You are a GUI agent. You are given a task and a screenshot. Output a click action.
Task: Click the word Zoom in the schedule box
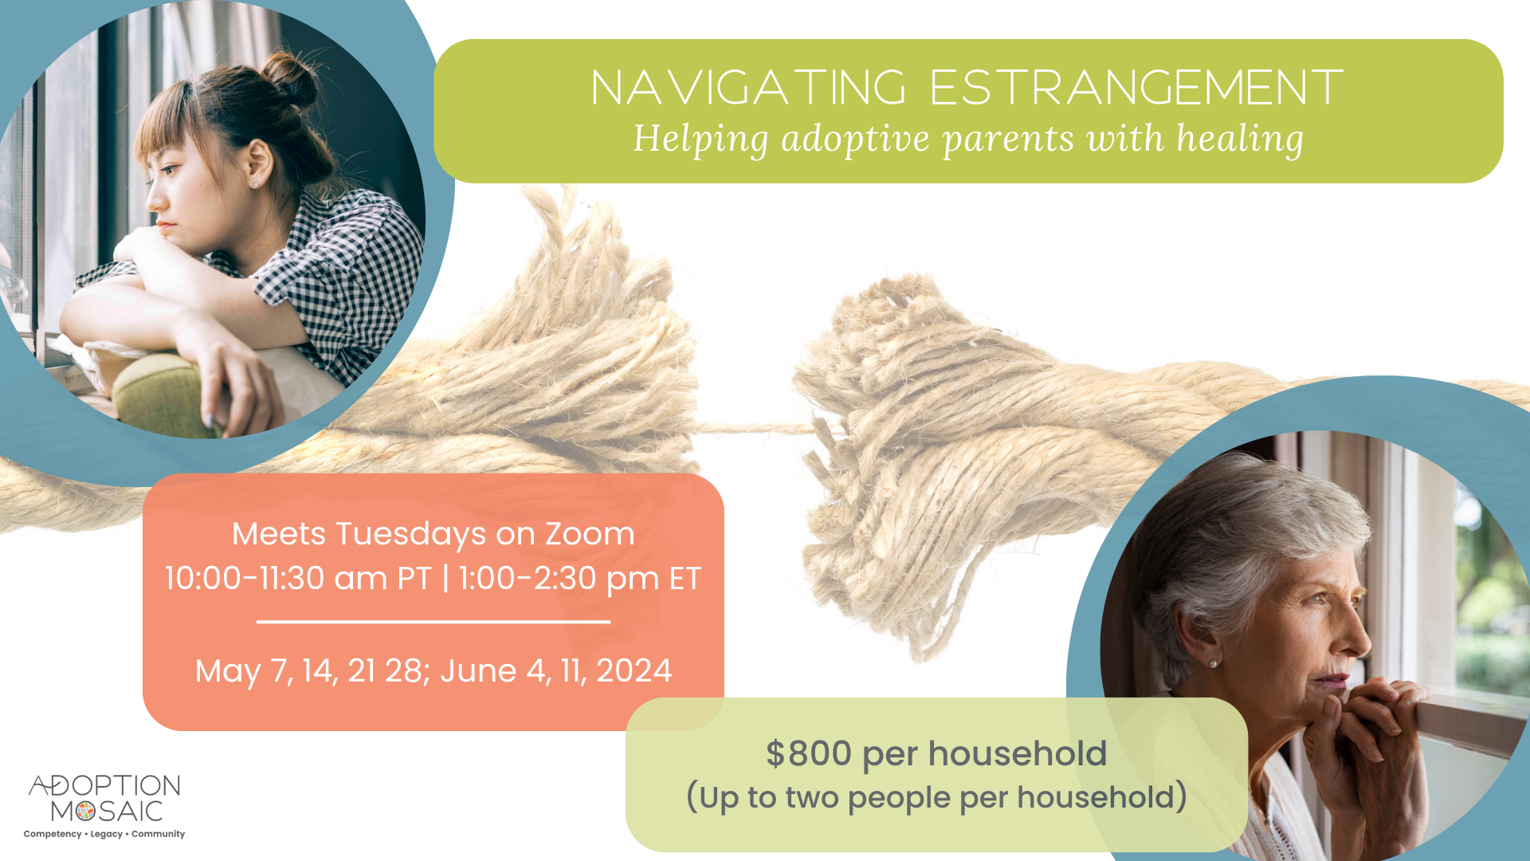(x=590, y=533)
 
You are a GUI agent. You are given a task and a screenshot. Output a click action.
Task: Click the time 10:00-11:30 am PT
(x=297, y=578)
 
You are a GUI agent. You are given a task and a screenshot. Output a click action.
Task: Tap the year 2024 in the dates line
(x=634, y=670)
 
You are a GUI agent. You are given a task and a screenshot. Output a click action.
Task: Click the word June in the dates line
(x=478, y=670)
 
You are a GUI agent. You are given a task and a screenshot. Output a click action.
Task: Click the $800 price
(x=808, y=753)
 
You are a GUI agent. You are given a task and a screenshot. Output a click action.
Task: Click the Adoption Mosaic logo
(x=104, y=797)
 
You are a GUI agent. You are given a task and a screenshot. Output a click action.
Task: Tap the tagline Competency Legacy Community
(x=104, y=834)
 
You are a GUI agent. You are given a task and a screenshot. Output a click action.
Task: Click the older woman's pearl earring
(x=1213, y=663)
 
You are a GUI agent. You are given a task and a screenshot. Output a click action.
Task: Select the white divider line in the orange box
(x=433, y=621)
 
